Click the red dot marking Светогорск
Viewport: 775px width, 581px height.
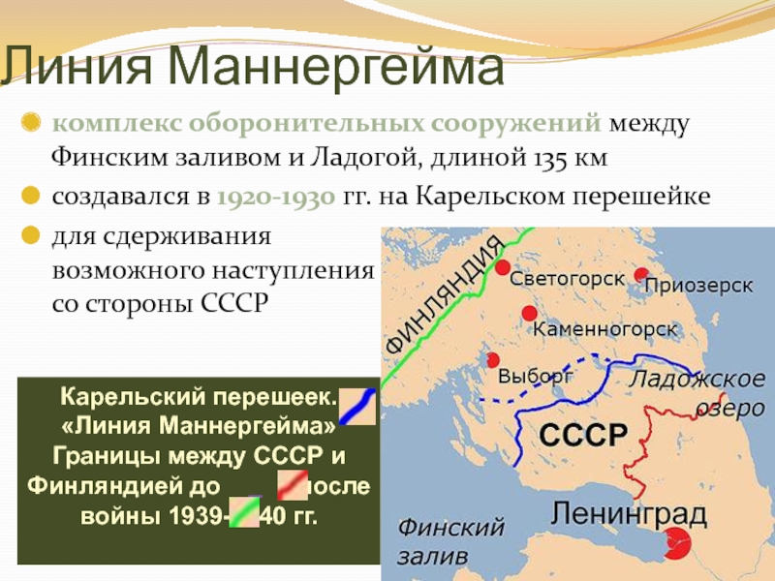[x=502, y=267]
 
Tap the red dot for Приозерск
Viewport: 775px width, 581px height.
[x=641, y=275]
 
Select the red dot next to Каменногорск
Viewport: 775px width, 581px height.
[x=529, y=313]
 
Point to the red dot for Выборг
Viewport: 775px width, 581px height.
[x=492, y=360]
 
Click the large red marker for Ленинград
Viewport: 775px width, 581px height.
[x=676, y=543]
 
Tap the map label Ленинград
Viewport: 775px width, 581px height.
[x=629, y=514]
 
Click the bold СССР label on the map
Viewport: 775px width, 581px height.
[x=583, y=436]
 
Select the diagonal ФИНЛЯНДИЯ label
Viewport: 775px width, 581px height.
[x=444, y=295]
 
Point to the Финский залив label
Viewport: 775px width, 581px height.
[x=450, y=541]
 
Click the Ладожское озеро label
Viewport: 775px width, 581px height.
[x=697, y=393]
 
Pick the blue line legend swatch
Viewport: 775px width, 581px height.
[x=357, y=406]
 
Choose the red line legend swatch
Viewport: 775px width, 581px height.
[x=293, y=485]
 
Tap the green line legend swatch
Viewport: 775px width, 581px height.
[x=244, y=512]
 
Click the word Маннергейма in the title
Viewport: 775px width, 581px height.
[x=335, y=66]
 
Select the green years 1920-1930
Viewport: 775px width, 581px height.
[x=276, y=198]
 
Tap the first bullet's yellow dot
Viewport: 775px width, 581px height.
[x=31, y=122]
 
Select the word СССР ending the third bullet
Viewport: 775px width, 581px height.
[x=234, y=303]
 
